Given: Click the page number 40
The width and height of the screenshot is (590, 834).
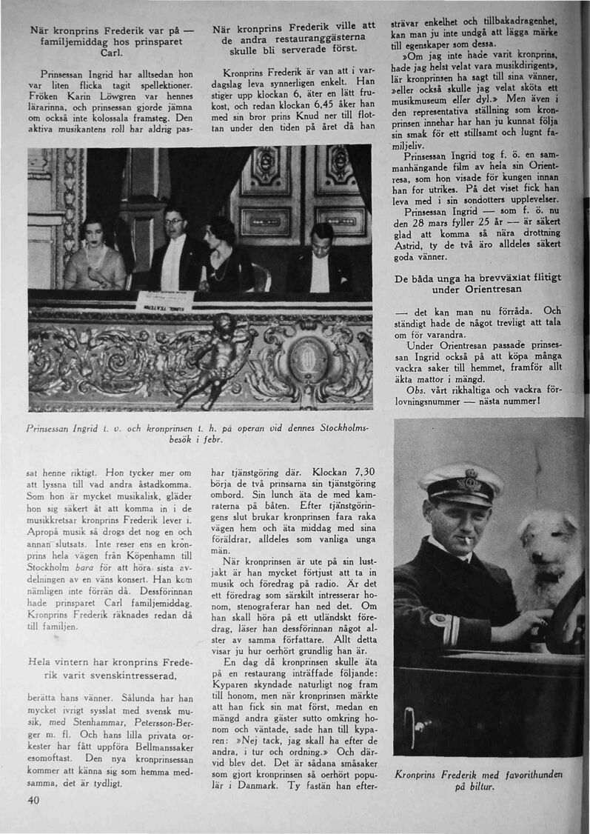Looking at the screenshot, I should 33,800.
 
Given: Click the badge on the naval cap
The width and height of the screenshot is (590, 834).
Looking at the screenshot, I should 467,484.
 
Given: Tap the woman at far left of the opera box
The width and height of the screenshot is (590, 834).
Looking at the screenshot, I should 95,256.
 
